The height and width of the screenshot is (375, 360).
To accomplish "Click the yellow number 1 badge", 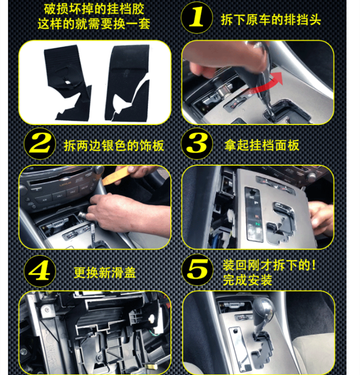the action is (197, 17).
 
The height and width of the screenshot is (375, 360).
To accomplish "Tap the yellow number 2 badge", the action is (40, 144).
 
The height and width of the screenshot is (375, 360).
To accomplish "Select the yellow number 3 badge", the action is (197, 144).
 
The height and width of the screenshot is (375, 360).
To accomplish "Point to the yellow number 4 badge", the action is (40, 271).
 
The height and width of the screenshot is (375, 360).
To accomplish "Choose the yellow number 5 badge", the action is (197, 270).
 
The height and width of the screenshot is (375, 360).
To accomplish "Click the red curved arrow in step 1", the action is (265, 84).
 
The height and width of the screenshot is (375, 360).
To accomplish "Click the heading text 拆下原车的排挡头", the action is (271, 20).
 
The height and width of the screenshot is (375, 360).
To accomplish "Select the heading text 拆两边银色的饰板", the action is (114, 146).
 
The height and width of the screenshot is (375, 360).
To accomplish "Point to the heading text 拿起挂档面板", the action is (262, 145).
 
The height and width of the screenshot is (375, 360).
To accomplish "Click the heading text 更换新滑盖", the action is (105, 273).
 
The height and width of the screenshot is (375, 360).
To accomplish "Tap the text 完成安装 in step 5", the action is (248, 280).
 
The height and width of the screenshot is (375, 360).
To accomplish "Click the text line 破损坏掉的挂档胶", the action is (94, 9).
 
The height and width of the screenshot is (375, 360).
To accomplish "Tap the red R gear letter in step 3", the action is (257, 216).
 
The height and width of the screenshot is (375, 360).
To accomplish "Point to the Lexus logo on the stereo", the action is (65, 184).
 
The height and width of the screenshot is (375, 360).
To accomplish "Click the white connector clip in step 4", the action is (151, 318).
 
